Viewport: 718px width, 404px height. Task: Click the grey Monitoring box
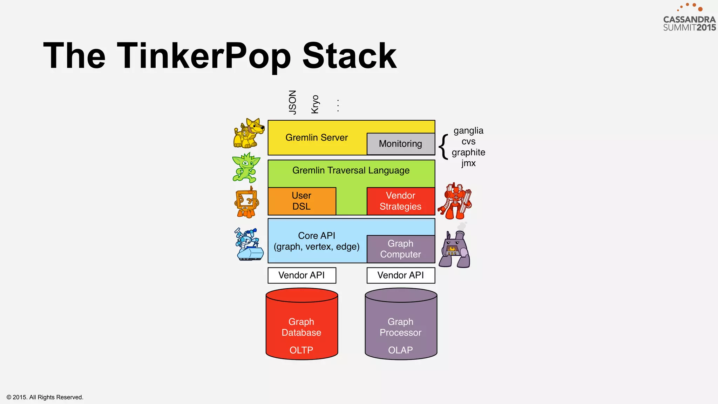point(400,144)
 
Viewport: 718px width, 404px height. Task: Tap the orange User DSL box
point(302,201)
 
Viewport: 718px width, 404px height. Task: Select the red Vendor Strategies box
point(400,201)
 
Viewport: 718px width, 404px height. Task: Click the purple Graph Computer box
point(400,249)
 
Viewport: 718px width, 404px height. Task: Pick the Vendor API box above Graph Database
point(302,275)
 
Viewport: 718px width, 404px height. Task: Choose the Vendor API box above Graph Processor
point(400,275)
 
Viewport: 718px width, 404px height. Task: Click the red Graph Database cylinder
point(302,326)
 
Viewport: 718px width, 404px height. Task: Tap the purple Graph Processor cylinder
point(400,326)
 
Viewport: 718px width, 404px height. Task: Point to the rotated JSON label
point(292,102)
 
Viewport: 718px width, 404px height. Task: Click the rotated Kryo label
point(315,104)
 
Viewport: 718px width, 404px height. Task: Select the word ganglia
point(468,131)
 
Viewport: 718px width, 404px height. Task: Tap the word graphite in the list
point(468,153)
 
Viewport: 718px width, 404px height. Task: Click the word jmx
point(468,163)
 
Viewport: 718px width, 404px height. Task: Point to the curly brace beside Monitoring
point(444,147)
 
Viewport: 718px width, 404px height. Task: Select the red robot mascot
point(455,201)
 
